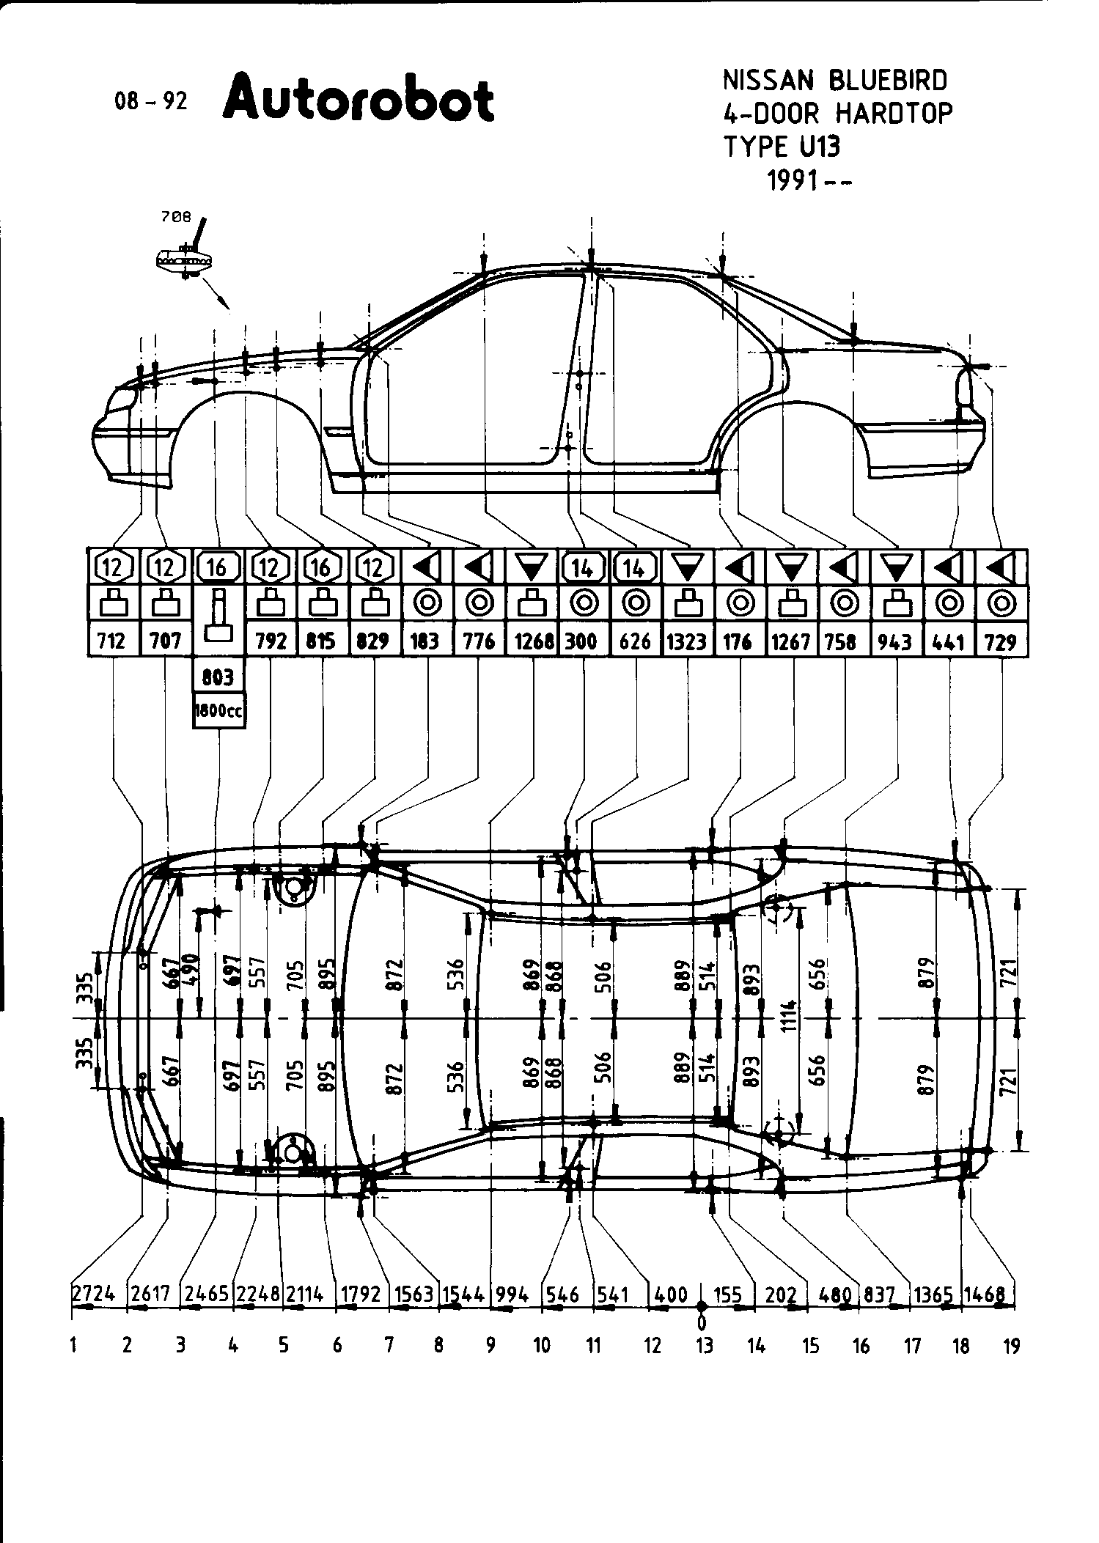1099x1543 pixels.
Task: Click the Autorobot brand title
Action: tap(359, 99)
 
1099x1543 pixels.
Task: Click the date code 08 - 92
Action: tap(151, 101)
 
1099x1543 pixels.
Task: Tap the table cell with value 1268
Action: tap(534, 641)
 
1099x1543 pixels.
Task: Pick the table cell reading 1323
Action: tap(687, 641)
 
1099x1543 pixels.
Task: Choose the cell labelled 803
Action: tap(218, 677)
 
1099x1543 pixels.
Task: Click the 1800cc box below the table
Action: tap(218, 710)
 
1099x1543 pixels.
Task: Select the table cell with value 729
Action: tap(1000, 642)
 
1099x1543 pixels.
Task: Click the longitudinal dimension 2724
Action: tap(94, 1294)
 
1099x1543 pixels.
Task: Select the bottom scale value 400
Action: tap(670, 1294)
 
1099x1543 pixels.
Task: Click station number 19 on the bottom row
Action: tap(1012, 1345)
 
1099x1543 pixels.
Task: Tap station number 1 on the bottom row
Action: tap(74, 1345)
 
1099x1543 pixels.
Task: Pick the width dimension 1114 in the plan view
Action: tap(789, 1015)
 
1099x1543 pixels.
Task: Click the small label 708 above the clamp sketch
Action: tap(175, 217)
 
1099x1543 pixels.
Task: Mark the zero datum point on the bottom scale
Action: tap(702, 1306)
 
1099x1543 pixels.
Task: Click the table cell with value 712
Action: tap(113, 641)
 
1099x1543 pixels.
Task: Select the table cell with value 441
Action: tap(949, 641)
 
